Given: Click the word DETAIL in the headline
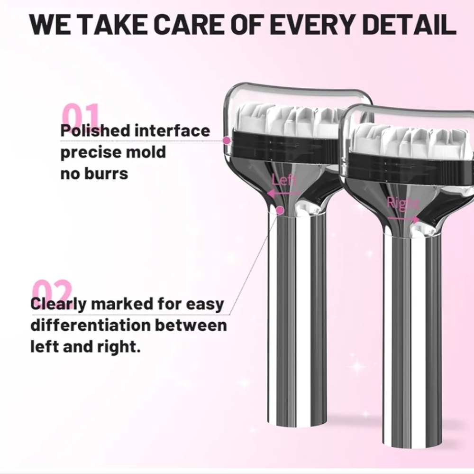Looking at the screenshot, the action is tap(409, 24).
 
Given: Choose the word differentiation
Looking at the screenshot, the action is tap(91, 325).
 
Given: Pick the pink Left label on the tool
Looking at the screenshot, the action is tap(283, 180).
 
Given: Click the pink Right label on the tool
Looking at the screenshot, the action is tap(403, 204).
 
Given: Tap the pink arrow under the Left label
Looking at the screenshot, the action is tap(283, 193).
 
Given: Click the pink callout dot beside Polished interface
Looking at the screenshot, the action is tap(227, 140).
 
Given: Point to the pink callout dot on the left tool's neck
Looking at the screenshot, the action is tap(281, 210).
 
